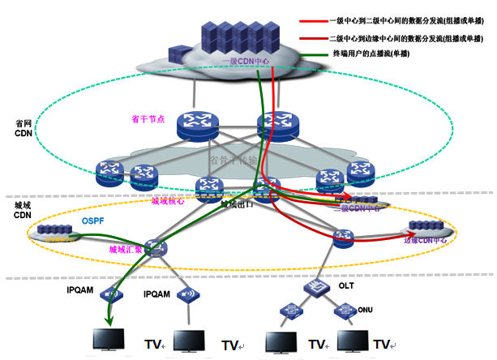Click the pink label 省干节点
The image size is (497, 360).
point(148,118)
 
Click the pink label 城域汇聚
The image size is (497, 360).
point(125,250)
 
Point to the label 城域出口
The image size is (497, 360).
point(238,205)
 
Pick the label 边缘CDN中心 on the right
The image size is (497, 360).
point(425,240)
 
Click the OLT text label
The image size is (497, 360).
point(346,286)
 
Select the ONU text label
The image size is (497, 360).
point(365,308)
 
